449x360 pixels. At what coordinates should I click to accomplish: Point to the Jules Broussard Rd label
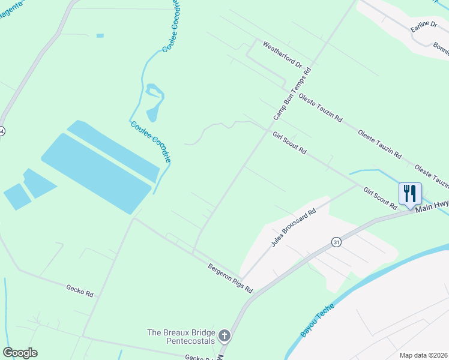(x=294, y=228)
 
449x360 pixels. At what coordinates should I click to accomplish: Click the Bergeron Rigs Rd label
(x=231, y=278)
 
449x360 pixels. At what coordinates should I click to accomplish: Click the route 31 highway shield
(x=336, y=242)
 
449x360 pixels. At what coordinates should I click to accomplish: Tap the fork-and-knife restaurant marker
(x=410, y=193)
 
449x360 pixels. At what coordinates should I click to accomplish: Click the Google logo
(x=20, y=353)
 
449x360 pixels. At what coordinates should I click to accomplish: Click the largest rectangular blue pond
(x=96, y=173)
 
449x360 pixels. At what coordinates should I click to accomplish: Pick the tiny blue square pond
(x=100, y=36)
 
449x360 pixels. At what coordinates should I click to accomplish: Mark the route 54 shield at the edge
(x=2, y=131)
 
